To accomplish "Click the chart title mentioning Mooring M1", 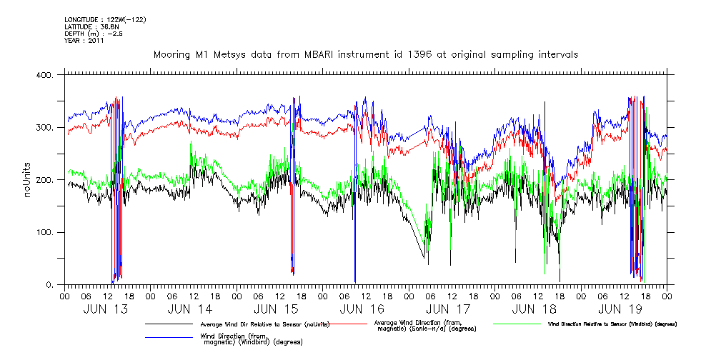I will pos(366,54).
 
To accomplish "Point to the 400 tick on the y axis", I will pos(45,75).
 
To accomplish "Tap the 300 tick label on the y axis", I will pos(45,128).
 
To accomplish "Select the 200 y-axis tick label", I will pos(45,180).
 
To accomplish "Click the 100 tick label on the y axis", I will pos(45,233).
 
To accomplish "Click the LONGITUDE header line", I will pos(105,19).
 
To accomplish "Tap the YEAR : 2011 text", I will pos(84,41).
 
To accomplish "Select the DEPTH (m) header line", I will pos(94,34).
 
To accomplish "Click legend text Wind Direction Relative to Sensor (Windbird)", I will pos(612,324).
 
